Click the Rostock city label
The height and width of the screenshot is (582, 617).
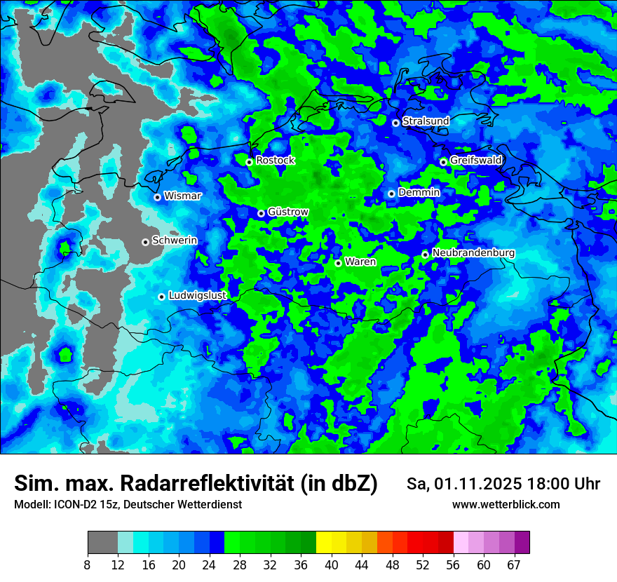click(275, 161)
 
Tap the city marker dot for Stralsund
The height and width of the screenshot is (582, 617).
click(395, 123)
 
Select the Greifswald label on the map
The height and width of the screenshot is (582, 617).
click(475, 161)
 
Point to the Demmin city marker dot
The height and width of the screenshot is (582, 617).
click(391, 194)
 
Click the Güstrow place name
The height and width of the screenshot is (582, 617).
click(287, 212)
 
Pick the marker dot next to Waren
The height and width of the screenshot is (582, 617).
click(338, 263)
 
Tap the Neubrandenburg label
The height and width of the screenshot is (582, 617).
click(473, 253)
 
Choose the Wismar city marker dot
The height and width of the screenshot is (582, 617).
click(157, 197)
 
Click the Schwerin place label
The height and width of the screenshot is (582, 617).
click(174, 241)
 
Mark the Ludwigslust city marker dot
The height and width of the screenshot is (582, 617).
click(161, 297)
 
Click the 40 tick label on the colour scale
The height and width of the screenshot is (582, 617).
click(331, 565)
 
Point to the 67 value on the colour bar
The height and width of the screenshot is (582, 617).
click(514, 565)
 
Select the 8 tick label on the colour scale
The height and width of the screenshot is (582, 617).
click(87, 565)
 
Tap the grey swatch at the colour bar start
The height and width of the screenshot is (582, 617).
click(102, 543)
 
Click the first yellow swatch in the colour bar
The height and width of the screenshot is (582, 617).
click(324, 543)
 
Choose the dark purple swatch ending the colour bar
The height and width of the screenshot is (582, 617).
click(522, 543)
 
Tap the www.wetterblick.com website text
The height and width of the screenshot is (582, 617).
click(506, 505)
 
